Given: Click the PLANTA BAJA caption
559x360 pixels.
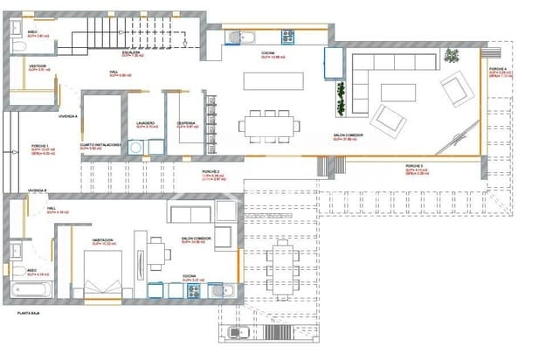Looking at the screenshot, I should [x=17, y=312].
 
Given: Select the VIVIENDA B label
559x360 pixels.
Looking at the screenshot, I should [x=37, y=189].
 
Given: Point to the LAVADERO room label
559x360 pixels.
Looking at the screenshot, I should [x=146, y=123].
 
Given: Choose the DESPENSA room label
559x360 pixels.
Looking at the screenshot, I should [x=185, y=123].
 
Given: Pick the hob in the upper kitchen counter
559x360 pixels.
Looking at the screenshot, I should [x=287, y=38].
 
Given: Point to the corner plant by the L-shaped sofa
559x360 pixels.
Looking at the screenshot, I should [x=452, y=56].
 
